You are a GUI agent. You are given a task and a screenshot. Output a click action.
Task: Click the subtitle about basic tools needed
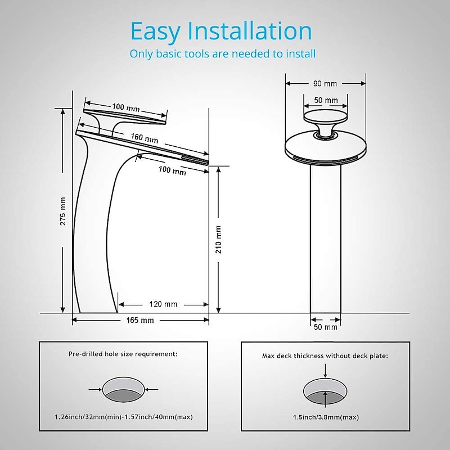click(222, 54)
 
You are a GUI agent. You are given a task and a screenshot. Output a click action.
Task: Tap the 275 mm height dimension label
click(63, 211)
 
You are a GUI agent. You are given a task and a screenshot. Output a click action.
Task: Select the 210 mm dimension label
click(218, 240)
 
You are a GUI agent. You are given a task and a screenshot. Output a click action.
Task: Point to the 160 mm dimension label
click(144, 137)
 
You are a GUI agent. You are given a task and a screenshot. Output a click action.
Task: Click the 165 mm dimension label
click(140, 320)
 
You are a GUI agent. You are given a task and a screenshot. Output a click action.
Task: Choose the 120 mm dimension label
click(163, 304)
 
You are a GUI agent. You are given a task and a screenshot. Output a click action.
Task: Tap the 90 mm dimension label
click(325, 84)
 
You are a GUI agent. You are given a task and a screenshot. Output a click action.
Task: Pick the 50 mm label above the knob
click(326, 101)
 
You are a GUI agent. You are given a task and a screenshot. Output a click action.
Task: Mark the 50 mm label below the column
click(326, 327)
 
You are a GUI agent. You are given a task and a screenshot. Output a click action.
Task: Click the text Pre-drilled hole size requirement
click(123, 354)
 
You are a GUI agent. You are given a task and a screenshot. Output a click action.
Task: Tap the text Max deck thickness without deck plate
click(326, 355)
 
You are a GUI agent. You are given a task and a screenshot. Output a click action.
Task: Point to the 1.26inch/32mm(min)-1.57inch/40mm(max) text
click(123, 417)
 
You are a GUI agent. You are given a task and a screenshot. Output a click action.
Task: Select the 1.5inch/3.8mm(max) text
click(326, 417)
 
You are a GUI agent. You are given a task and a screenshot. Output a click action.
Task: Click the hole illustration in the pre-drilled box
click(123, 389)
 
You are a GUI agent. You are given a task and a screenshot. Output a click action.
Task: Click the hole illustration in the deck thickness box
click(326, 391)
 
